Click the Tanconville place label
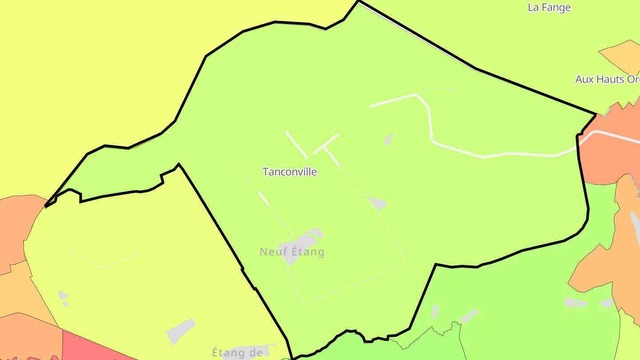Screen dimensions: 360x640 coord(290,172)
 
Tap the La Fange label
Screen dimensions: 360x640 coord(549,8)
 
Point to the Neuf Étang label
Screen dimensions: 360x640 coord(292,252)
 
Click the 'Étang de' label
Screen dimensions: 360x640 coord(237,353)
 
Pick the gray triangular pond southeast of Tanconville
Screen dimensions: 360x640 coord(377,203)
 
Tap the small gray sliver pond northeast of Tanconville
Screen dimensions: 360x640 coord(388,139)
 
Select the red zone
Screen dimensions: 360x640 coord(89,347)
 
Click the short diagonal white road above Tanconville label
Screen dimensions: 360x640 coord(296,144)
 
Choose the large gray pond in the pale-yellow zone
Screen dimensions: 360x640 coord(180,331)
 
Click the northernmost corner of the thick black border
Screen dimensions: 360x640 coord(358,1)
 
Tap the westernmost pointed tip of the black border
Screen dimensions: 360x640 coord(46,206)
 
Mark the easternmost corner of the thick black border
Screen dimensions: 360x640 coord(596,114)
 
